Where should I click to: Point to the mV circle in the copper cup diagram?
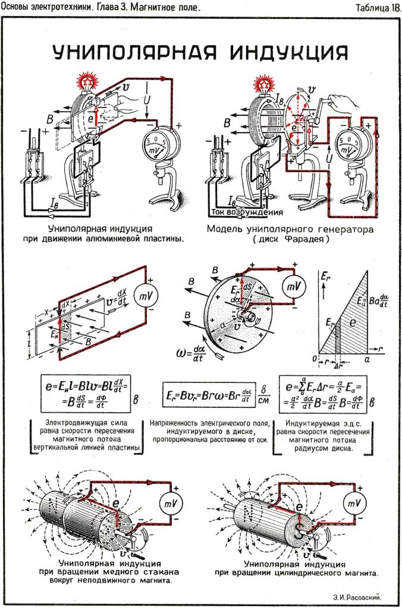[167, 504]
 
